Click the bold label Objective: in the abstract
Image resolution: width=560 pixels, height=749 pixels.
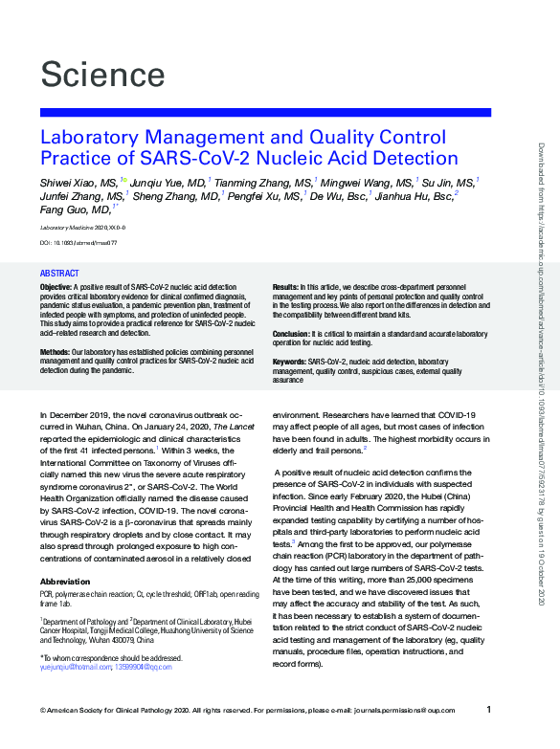tap(56, 287)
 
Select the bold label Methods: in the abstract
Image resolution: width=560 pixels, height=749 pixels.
tap(55, 352)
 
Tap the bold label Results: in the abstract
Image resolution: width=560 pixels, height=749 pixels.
tap(285, 287)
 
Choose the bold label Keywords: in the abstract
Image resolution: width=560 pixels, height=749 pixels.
tap(290, 362)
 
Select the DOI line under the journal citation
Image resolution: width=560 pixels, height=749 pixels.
tap(78, 243)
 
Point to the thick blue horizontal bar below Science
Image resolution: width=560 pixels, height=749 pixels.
tap(265, 112)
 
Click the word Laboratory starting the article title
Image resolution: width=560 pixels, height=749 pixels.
tap(89, 136)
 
